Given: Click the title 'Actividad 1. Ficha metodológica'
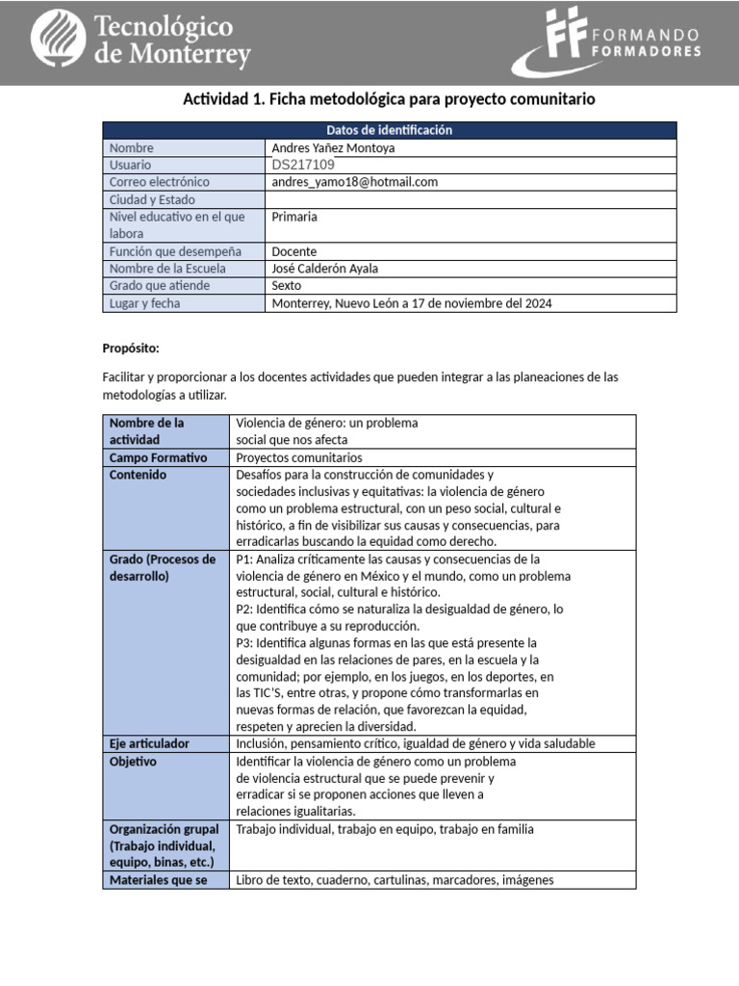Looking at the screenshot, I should click(x=389, y=99).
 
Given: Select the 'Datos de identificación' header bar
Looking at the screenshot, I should click(x=389, y=130).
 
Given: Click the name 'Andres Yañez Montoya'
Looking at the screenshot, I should click(x=333, y=148).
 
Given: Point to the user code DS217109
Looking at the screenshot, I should click(x=303, y=165).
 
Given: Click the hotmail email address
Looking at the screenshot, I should click(x=354, y=182).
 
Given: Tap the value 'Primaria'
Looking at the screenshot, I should click(x=294, y=217).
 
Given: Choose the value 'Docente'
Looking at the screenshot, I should click(x=294, y=251).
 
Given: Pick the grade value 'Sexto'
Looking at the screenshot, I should click(x=287, y=286).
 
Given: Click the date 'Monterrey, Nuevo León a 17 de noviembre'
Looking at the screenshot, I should click(x=412, y=303).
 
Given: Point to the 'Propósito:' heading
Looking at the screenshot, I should click(x=131, y=348).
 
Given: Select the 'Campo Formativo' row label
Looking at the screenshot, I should click(x=158, y=457).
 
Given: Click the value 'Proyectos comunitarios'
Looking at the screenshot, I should click(x=299, y=457).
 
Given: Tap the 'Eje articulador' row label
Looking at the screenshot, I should click(x=149, y=743).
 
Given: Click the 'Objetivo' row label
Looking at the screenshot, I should click(x=133, y=762).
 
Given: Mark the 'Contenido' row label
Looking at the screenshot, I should click(x=138, y=475).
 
